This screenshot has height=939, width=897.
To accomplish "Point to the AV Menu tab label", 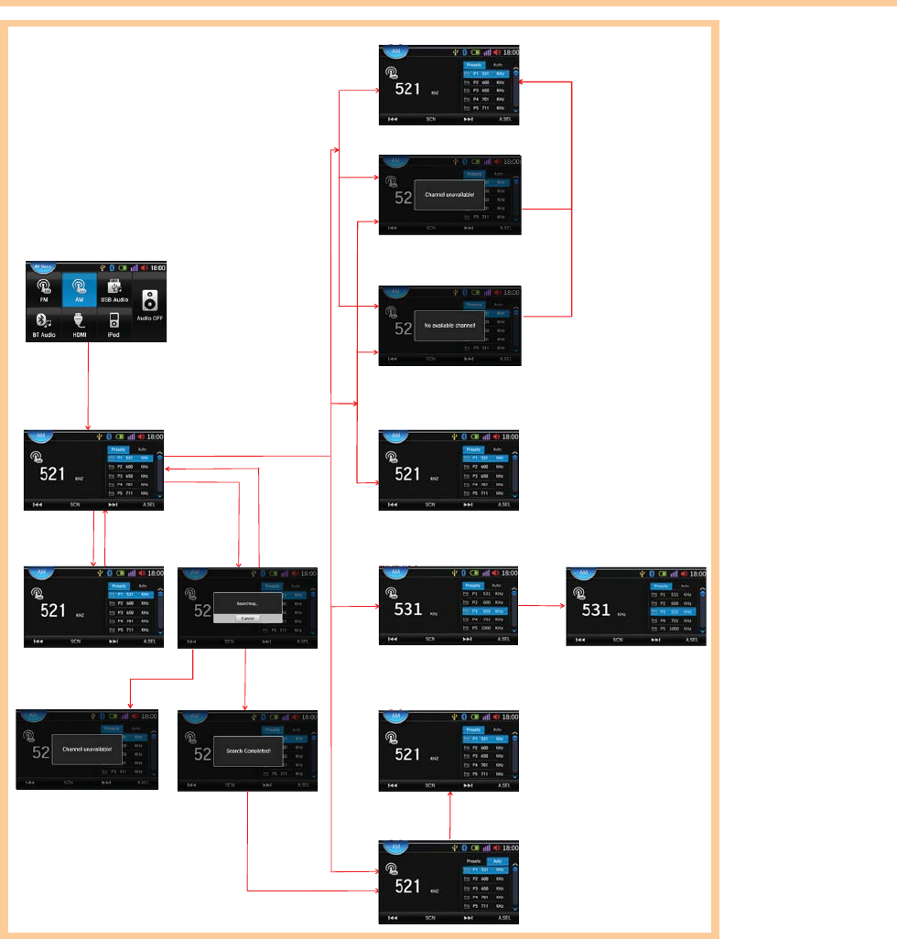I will (x=42, y=266).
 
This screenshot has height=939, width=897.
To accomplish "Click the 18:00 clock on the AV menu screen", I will (x=157, y=268).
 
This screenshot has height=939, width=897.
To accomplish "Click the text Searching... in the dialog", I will (x=247, y=604).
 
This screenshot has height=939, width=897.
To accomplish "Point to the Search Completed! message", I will (x=247, y=751).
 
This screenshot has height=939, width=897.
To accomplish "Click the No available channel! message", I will (x=449, y=326).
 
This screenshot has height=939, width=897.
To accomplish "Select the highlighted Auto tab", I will (x=498, y=861).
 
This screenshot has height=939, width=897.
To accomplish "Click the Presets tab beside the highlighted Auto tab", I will (x=473, y=861).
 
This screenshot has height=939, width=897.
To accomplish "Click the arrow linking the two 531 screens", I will (x=543, y=606).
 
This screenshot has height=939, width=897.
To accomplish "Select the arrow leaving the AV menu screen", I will (x=89, y=384).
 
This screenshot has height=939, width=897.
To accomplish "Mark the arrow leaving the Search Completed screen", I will (x=248, y=842).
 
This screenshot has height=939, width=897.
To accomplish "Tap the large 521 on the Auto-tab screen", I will (x=407, y=886).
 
